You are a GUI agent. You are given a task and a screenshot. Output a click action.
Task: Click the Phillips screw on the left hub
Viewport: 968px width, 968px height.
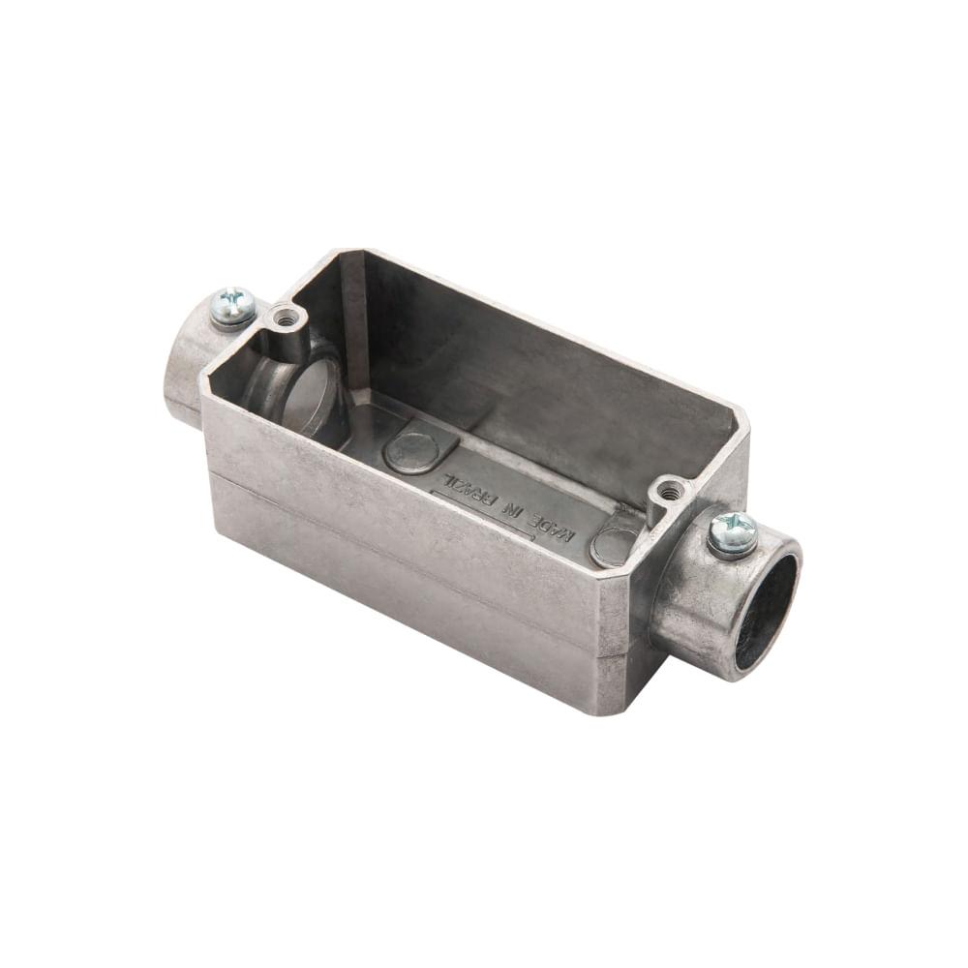[232, 304]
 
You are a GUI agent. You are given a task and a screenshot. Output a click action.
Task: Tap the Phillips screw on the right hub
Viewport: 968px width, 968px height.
[733, 531]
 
